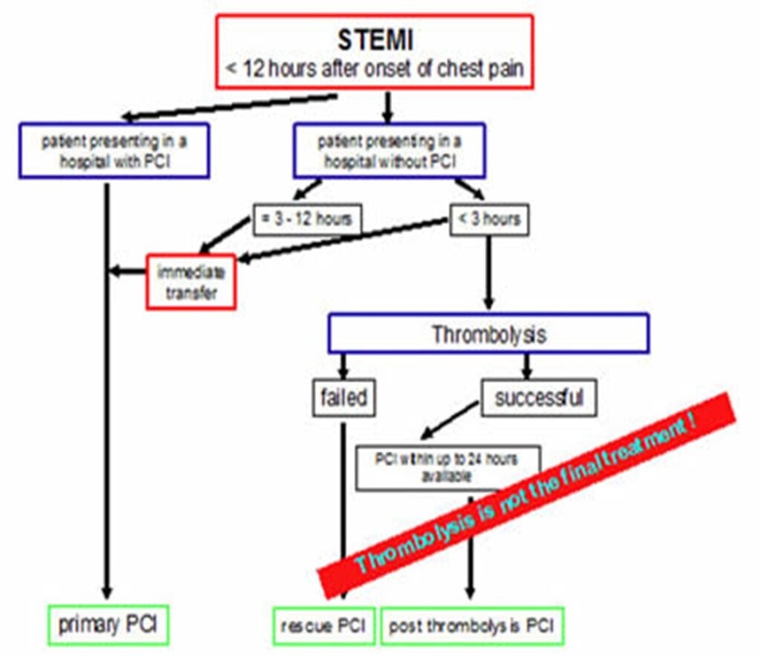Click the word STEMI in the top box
(375, 39)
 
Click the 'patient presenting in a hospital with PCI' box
(114, 151)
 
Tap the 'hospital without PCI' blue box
(389, 151)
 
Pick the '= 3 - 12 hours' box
(307, 220)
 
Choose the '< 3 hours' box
(490, 220)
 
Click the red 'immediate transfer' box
(191, 282)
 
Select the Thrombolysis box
(488, 333)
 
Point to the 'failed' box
(344, 398)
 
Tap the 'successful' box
(540, 398)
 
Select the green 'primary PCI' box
(109, 624)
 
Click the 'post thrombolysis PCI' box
(471, 626)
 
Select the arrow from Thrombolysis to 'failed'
(343, 366)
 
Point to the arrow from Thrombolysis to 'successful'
(526, 366)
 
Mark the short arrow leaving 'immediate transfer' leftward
(128, 271)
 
